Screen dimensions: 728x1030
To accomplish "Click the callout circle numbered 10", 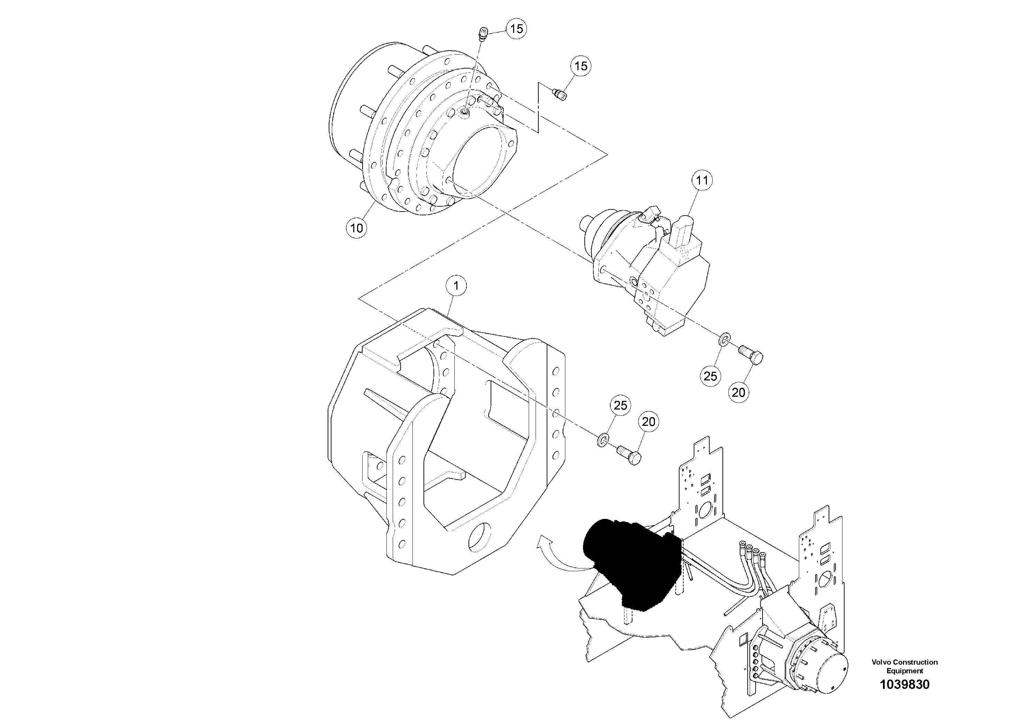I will click(356, 228).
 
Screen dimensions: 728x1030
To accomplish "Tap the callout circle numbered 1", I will click(456, 286).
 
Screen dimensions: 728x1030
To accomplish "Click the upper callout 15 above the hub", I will click(516, 29).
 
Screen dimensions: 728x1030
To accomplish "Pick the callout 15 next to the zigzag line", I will click(581, 66).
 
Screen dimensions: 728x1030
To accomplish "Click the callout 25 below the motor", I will click(710, 376).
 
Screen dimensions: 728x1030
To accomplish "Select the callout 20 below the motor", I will click(738, 392).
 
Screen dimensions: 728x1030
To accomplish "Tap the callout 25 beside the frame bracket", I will click(620, 406).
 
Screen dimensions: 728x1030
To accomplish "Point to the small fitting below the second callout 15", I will click(559, 95).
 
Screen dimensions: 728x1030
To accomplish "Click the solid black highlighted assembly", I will click(628, 561).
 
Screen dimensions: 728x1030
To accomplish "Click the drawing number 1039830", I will click(904, 684).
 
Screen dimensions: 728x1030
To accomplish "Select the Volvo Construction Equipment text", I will click(904, 666).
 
